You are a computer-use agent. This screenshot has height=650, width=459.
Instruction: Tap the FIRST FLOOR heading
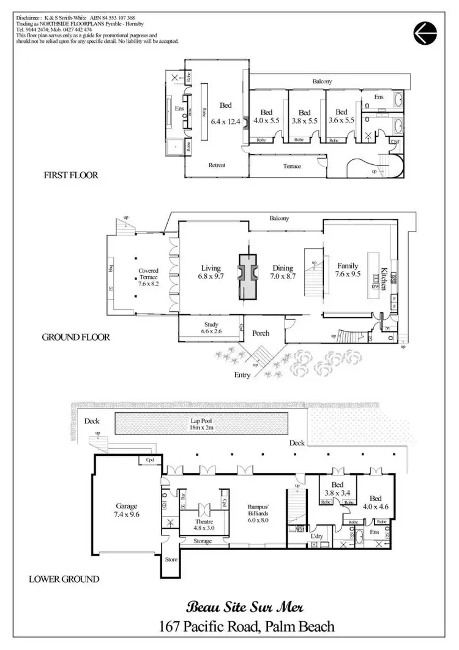pyautogui.click(x=72, y=175)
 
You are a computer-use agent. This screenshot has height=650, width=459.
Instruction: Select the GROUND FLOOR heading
pyautogui.click(x=76, y=337)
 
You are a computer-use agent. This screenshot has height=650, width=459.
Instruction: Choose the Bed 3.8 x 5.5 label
pyautogui.click(x=305, y=116)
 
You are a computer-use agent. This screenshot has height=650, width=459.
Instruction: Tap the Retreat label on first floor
pyautogui.click(x=217, y=165)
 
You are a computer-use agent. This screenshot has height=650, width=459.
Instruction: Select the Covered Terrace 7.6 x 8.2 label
pyautogui.click(x=148, y=277)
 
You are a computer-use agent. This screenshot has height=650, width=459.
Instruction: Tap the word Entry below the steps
pyautogui.click(x=241, y=375)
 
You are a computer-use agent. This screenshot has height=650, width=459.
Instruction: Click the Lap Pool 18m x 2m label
pyautogui.click(x=201, y=425)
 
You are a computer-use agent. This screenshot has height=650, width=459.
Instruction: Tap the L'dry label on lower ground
pyautogui.click(x=316, y=537)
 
